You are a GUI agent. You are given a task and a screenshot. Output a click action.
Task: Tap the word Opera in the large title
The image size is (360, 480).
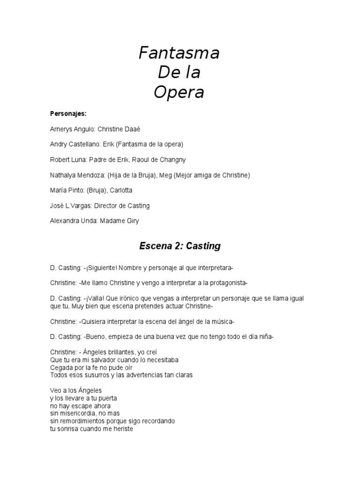pos(179,92)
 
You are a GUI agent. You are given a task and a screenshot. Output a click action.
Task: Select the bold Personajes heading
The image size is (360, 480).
pos(65,113)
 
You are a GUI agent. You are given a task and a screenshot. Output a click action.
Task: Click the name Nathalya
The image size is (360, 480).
pos(63,175)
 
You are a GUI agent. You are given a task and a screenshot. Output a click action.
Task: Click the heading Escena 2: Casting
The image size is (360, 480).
pos(180,246)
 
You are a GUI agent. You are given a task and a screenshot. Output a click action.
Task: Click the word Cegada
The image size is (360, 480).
pos(61,367)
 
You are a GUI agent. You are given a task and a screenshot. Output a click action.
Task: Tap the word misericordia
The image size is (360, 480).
pos(79,413)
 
